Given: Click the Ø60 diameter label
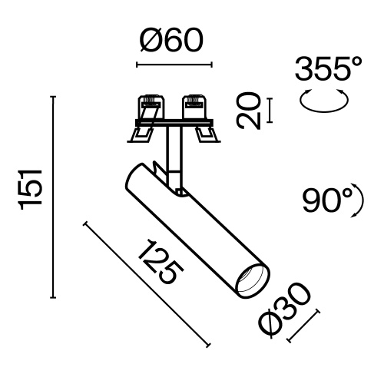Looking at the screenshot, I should [173, 41].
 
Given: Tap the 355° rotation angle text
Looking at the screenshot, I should [328, 70].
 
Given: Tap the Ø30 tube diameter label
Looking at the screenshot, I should [285, 310].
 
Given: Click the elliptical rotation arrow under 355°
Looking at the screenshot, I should [322, 100].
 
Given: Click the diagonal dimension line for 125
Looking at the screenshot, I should [146, 283].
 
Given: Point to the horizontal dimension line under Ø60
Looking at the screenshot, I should [173, 64].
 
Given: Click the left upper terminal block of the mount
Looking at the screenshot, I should [151, 106].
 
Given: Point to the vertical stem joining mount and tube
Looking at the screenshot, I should [174, 154].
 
